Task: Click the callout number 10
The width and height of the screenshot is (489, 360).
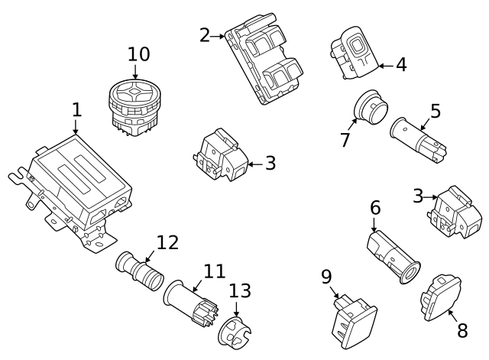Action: pyautogui.click(x=138, y=54)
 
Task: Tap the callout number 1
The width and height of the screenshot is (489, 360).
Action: pyautogui.click(x=76, y=110)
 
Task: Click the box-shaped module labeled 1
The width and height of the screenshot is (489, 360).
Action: pyautogui.click(x=76, y=187)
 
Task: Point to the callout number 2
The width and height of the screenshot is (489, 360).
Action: pyautogui.click(x=204, y=35)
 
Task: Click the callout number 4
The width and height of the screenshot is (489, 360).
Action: pyautogui.click(x=401, y=65)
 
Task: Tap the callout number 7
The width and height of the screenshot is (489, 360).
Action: pyautogui.click(x=345, y=140)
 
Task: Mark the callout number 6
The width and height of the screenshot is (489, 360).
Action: pyautogui.click(x=375, y=208)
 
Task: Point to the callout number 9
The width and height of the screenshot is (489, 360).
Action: pyautogui.click(x=326, y=276)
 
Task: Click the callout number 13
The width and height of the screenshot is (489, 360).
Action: pyautogui.click(x=239, y=290)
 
